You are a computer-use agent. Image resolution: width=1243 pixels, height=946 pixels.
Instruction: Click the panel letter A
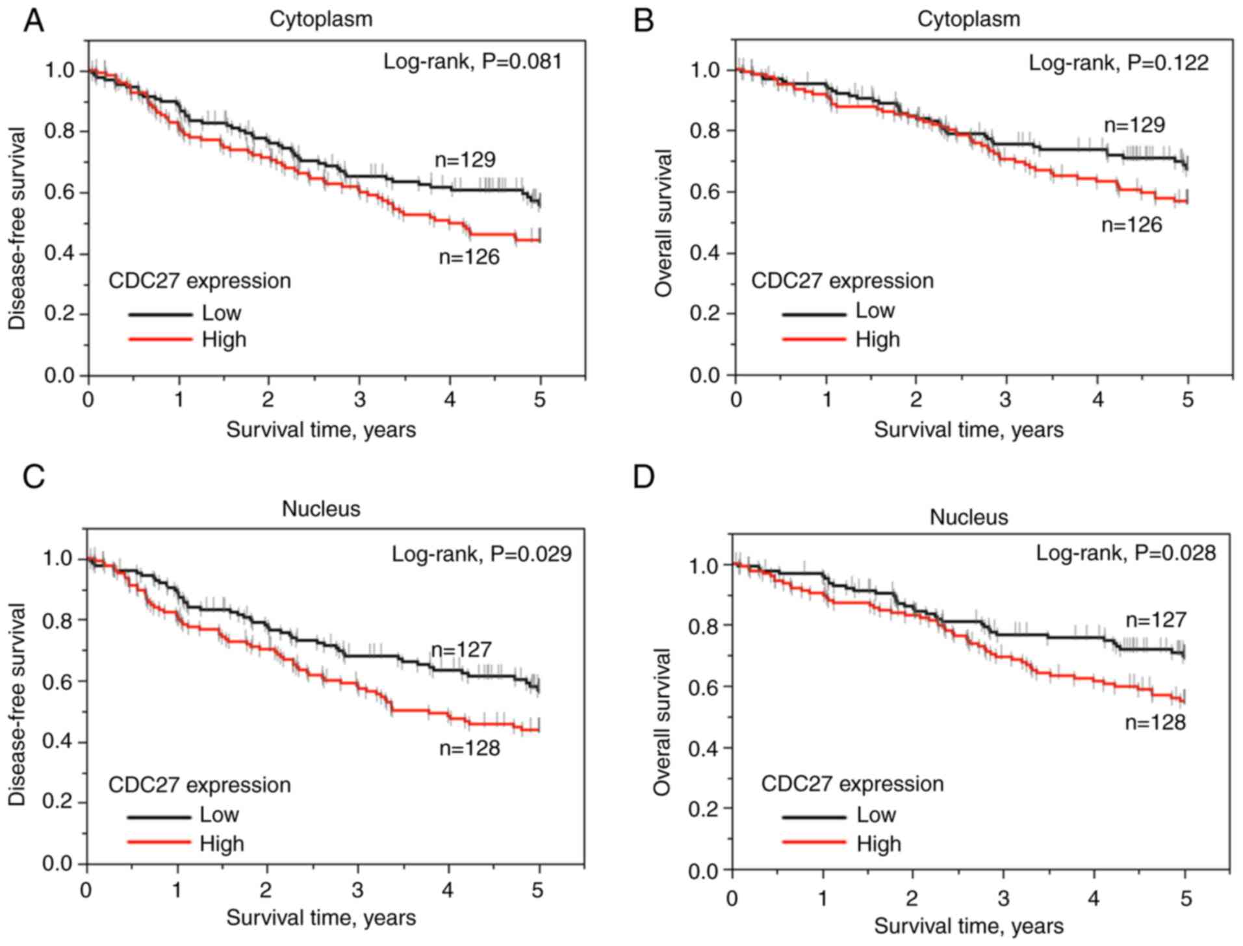point(33,21)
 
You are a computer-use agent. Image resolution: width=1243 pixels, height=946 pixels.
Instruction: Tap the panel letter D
point(643,477)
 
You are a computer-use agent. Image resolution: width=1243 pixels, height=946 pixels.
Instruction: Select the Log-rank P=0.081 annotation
point(472,62)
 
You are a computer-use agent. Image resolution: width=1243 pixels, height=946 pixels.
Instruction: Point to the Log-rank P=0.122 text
point(1118,63)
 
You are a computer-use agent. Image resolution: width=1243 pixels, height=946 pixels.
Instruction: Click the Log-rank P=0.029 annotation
point(481,554)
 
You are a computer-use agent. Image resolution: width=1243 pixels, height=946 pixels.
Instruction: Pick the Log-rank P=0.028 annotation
point(1125,553)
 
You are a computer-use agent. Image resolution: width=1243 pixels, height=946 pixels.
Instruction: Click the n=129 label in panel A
point(465,160)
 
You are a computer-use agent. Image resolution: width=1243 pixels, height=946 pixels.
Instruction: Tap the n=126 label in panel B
point(1131,225)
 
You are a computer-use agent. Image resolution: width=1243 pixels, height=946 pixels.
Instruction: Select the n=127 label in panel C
point(461,649)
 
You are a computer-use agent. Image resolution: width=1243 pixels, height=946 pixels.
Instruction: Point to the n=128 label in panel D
point(1155,722)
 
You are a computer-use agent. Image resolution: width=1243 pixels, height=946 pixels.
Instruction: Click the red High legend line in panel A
point(160,339)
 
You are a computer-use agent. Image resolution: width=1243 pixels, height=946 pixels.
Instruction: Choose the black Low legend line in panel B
point(814,314)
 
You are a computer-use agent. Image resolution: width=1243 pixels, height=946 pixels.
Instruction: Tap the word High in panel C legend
point(222,843)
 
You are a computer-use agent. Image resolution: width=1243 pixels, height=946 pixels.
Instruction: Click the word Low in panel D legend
point(876,814)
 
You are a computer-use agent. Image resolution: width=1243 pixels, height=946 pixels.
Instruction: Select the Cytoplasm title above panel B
point(968,19)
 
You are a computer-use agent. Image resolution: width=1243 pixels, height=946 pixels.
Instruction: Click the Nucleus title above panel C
point(321,508)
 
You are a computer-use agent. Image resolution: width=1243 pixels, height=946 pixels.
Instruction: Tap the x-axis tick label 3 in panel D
point(1003,899)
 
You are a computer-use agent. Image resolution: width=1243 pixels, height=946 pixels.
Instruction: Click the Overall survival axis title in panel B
point(663,223)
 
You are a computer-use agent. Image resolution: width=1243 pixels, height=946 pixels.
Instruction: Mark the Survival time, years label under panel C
point(321,917)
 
